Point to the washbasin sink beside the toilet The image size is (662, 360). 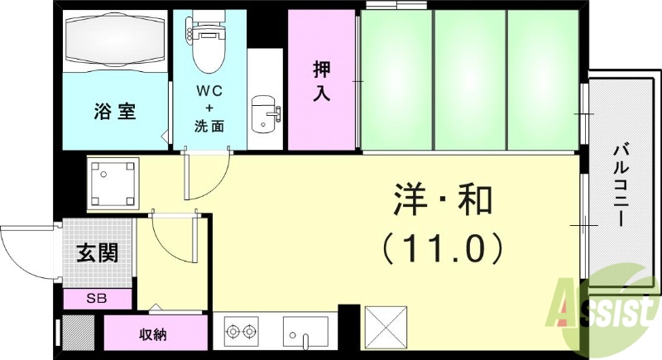265,113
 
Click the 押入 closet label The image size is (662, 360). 321,79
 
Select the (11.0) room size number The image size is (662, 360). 442,246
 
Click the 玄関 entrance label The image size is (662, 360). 98,252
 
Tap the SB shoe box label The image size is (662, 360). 97,298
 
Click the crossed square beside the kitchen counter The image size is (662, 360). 386,327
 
